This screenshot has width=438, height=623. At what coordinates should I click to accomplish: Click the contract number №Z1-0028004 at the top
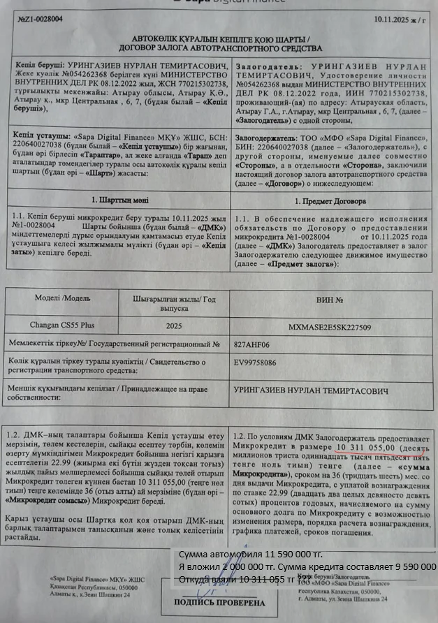[35, 19]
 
